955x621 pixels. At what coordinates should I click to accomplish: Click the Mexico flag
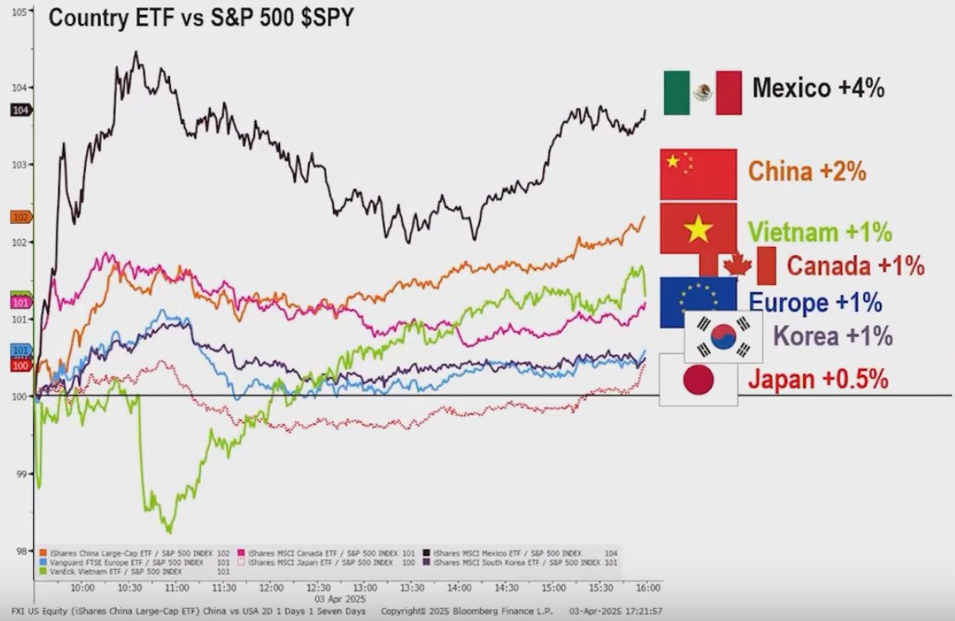point(702,92)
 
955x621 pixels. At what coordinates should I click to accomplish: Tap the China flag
point(698,174)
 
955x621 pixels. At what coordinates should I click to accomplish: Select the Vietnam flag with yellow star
point(698,230)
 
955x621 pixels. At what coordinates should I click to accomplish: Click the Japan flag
point(698,379)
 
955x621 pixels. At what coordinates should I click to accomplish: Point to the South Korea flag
point(724,337)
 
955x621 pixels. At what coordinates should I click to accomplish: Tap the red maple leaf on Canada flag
point(737,265)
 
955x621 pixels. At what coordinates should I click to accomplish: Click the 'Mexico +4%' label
point(818,88)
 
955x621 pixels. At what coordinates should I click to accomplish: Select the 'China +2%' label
point(806,172)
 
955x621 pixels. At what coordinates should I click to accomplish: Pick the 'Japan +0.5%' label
point(818,380)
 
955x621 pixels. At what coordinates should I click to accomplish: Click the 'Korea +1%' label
point(833,337)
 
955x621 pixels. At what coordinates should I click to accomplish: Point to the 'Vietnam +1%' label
point(820,232)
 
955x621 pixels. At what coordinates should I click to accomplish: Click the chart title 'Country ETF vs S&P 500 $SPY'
point(201,17)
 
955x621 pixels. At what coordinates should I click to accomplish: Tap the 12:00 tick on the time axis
point(270,588)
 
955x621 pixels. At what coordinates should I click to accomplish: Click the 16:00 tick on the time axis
point(647,588)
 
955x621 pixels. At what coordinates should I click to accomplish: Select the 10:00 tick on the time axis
point(82,588)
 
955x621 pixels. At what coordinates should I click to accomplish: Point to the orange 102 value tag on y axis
point(21,217)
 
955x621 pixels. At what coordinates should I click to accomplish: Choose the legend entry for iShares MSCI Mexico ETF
point(504,552)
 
